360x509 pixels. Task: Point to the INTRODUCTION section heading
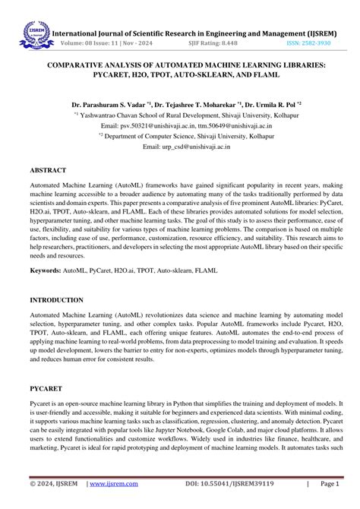click(x=57, y=300)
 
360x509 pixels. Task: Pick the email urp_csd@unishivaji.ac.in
click(x=182, y=147)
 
